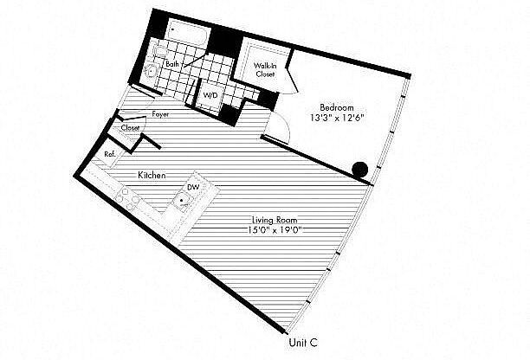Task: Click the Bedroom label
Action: [337, 107]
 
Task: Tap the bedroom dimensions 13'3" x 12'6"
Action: [337, 119]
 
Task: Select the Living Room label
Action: [275, 220]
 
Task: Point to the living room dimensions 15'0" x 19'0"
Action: [275, 231]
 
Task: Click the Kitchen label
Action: [152, 176]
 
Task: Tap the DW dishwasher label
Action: [193, 187]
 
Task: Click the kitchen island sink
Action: [182, 201]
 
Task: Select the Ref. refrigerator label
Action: [110, 154]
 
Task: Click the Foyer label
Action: [160, 114]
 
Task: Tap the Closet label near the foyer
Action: [130, 128]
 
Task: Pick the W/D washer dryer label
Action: [210, 95]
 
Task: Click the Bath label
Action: [172, 64]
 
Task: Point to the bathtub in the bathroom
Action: [188, 32]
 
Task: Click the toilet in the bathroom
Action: [158, 51]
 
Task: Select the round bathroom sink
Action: [150, 71]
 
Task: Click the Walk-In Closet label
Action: [265, 70]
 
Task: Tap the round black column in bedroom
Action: [360, 170]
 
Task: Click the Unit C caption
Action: [303, 343]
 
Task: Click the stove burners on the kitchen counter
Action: [129, 199]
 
